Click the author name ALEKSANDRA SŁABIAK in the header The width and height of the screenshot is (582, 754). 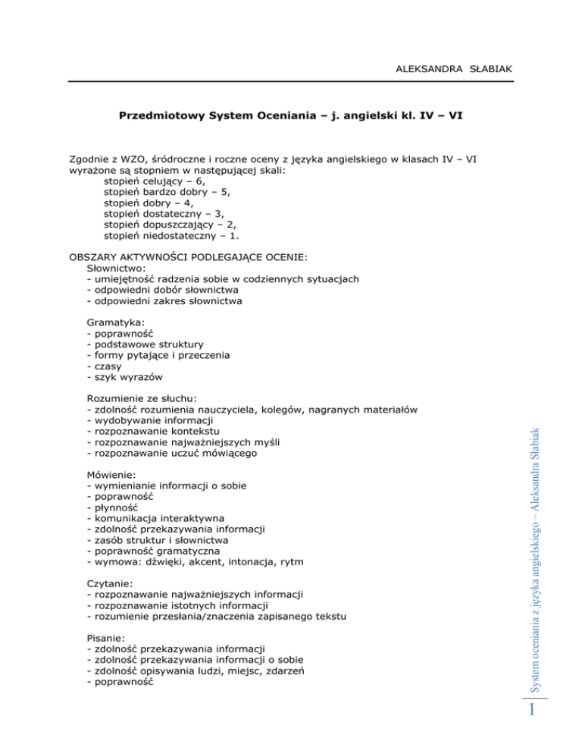tap(455, 70)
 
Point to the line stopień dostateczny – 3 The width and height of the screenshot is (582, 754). tap(164, 214)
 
